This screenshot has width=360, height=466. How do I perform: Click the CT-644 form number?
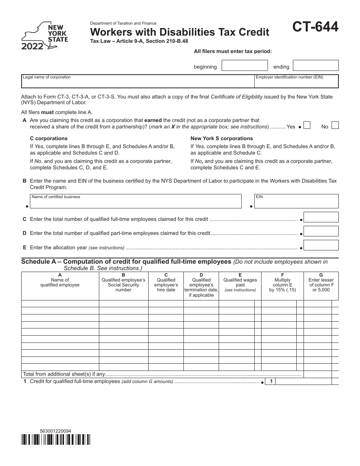[315, 27]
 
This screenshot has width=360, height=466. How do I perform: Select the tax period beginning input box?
[244, 66]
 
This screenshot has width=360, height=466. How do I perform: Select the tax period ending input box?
[316, 66]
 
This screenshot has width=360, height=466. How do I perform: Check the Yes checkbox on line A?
[307, 125]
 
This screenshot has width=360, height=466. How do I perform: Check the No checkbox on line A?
[335, 125]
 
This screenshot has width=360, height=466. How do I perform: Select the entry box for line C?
[321, 217]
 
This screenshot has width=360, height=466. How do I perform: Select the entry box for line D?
[321, 231]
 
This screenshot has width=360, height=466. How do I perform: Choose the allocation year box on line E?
[321, 246]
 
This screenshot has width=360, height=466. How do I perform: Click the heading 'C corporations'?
[49, 138]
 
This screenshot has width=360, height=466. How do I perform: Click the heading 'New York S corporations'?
[222, 138]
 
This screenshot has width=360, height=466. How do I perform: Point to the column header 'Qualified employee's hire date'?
[166, 285]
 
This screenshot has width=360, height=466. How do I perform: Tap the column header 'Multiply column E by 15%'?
[282, 285]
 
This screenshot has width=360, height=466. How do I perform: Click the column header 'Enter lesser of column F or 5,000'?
[321, 285]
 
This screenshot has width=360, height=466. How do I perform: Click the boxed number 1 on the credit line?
[270, 382]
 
